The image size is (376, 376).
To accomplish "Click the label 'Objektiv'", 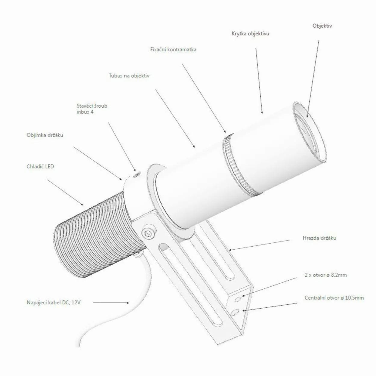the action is coord(322,26).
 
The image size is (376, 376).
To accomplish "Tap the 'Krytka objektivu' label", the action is coord(250,34).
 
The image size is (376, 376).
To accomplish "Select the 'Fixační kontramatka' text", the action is coord(173,49).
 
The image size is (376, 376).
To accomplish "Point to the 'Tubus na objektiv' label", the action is coord(129,76).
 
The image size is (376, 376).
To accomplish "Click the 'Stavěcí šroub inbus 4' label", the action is coord(92,109).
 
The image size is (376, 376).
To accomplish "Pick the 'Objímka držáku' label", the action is coord(45,135).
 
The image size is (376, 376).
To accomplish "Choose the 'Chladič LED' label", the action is coord(40,166).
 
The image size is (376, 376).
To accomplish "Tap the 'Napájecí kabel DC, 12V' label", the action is coord(54,302).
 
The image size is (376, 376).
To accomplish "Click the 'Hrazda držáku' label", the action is coord(319,238).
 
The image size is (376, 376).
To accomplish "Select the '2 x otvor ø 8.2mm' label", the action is coord(326,275).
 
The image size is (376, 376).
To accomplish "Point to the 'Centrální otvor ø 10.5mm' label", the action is coord(334,298).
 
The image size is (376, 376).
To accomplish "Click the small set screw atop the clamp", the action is coord(137,174).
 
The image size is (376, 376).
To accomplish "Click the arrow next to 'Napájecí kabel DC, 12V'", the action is coord(111,303).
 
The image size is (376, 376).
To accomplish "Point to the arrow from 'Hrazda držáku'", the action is coord(259,245).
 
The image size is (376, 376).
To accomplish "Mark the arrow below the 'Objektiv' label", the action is coord(313,79).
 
